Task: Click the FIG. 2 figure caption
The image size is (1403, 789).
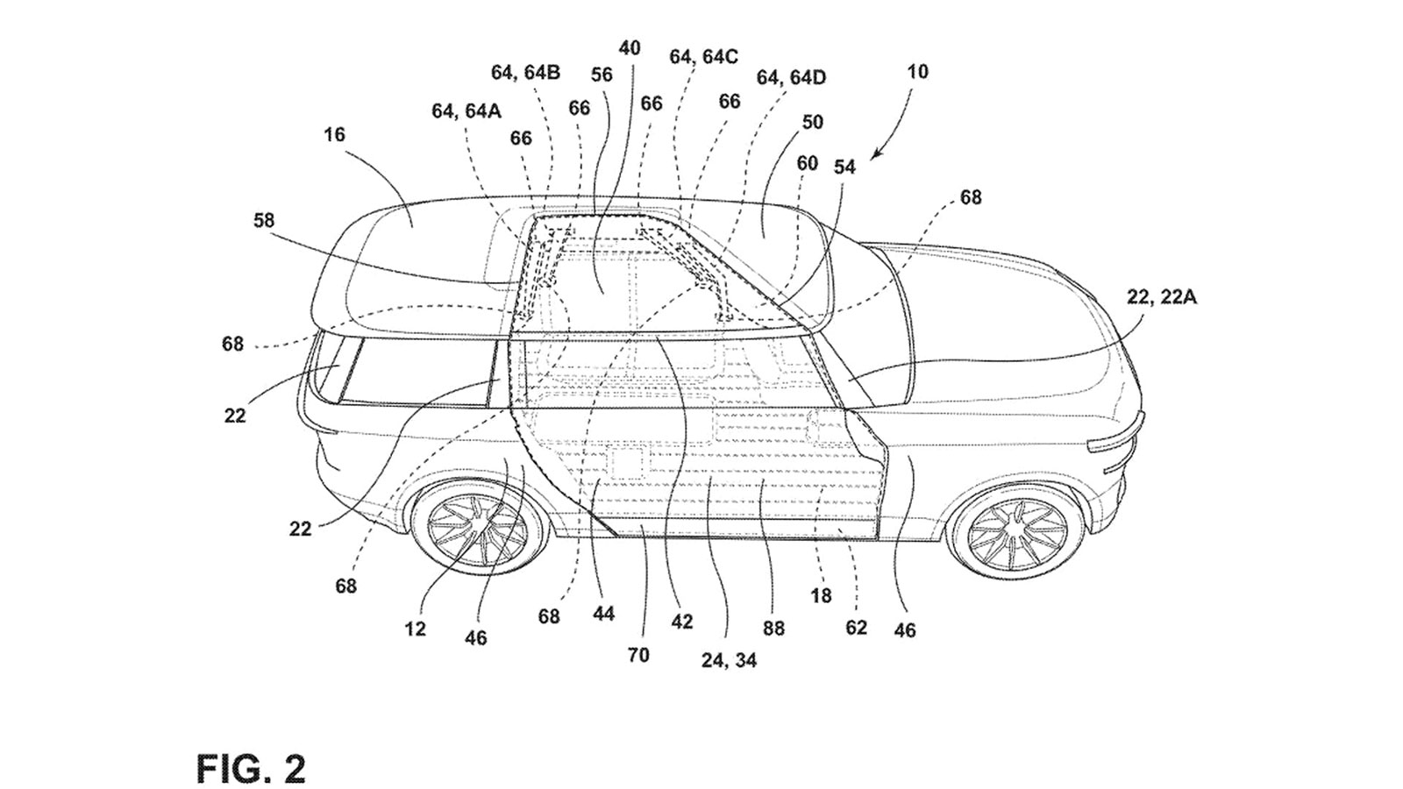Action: (x=250, y=769)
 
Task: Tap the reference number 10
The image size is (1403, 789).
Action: (x=917, y=71)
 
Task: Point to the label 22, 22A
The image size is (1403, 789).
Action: (x=1162, y=297)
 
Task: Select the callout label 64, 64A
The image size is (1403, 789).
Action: (x=466, y=110)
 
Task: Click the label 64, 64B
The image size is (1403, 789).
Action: (x=525, y=73)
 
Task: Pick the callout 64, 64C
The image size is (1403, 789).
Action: (x=703, y=57)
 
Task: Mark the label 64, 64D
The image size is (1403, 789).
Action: (x=791, y=78)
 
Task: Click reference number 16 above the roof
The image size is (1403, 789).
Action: (x=334, y=134)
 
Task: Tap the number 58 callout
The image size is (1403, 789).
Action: (x=264, y=220)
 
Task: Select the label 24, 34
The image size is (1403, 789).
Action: (x=729, y=660)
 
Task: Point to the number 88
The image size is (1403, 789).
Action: (x=773, y=628)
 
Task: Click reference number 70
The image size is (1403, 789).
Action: (x=638, y=654)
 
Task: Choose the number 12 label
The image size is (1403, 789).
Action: (x=415, y=629)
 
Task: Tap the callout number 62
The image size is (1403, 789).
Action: (x=856, y=628)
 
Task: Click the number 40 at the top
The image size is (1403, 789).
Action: (x=630, y=47)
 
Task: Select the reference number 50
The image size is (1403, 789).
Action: (x=813, y=122)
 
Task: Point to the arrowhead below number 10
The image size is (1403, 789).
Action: (x=877, y=155)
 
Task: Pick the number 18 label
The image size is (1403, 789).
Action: (x=821, y=595)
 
